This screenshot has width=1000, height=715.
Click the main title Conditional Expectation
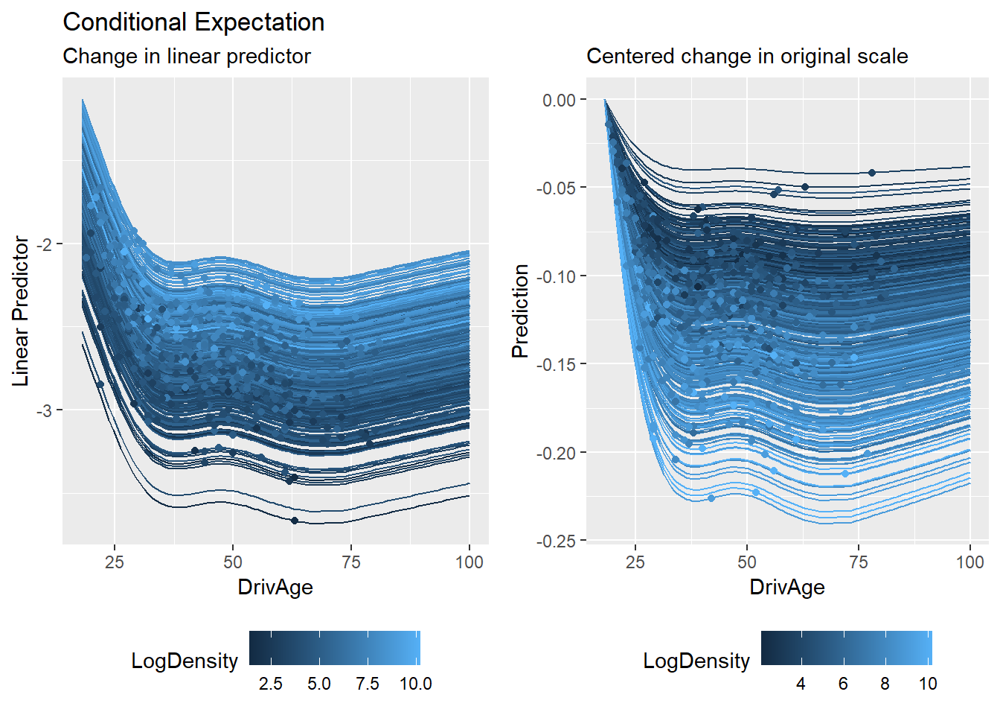(193, 22)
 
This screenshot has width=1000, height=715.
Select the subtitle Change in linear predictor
(187, 57)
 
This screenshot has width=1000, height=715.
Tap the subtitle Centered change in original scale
(747, 57)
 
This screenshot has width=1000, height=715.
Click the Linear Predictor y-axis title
(21, 311)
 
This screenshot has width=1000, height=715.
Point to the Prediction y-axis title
(520, 311)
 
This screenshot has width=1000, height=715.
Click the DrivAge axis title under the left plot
(275, 587)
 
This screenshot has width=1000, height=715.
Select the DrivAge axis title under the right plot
(787, 587)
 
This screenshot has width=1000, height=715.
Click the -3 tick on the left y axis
(45, 410)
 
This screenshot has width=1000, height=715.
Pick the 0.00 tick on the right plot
(559, 100)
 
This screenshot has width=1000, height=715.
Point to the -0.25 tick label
(556, 541)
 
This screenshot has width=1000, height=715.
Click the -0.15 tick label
(556, 364)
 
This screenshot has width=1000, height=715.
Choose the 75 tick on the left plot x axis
(351, 562)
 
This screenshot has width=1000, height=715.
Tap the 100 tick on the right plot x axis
(969, 562)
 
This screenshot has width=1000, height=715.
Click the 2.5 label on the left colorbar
(271, 684)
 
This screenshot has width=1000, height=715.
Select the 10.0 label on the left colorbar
(415, 684)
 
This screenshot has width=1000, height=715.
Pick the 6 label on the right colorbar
(843, 684)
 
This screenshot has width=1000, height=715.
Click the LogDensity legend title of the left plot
(185, 661)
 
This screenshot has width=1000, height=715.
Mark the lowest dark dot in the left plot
(295, 521)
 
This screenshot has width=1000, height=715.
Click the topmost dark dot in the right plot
(872, 173)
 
